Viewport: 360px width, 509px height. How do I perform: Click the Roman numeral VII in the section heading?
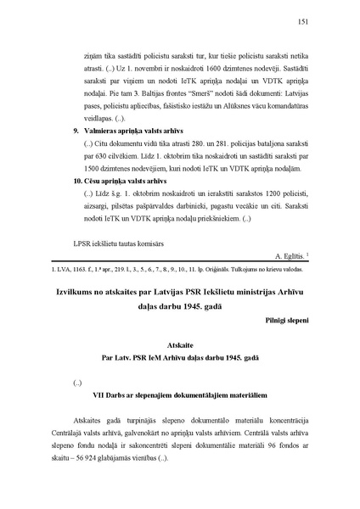(x=98, y=395)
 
